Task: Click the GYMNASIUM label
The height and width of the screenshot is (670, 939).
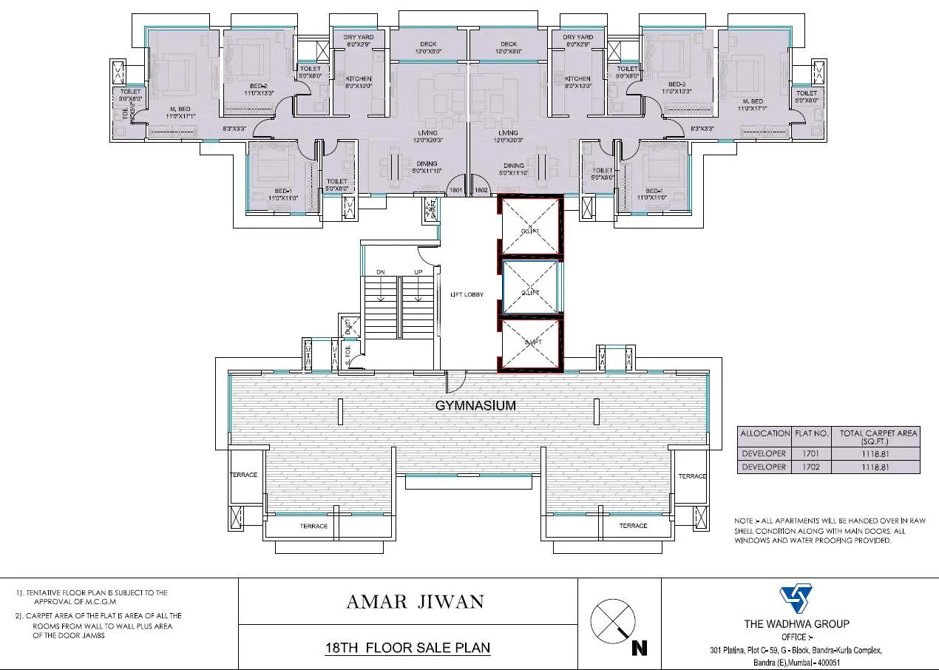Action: [x=475, y=406]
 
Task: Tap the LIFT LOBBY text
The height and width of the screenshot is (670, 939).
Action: [x=467, y=294]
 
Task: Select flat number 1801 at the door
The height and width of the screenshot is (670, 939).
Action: [x=455, y=191]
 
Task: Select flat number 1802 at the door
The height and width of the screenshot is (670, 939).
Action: [x=481, y=191]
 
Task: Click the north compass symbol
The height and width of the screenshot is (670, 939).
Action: [x=613, y=617]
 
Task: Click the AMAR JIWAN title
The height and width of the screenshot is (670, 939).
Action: [x=415, y=601]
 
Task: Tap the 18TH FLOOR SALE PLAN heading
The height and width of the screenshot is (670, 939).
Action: [x=407, y=648]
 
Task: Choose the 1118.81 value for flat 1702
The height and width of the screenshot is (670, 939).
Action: [x=878, y=467]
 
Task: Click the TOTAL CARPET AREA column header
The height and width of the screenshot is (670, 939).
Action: [x=878, y=436]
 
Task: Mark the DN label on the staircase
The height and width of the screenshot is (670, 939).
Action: [x=380, y=271]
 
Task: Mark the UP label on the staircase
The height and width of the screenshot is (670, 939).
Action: [x=418, y=271]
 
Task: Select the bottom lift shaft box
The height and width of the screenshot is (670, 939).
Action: [x=530, y=345]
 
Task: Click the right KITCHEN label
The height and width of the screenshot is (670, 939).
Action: [x=577, y=78]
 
